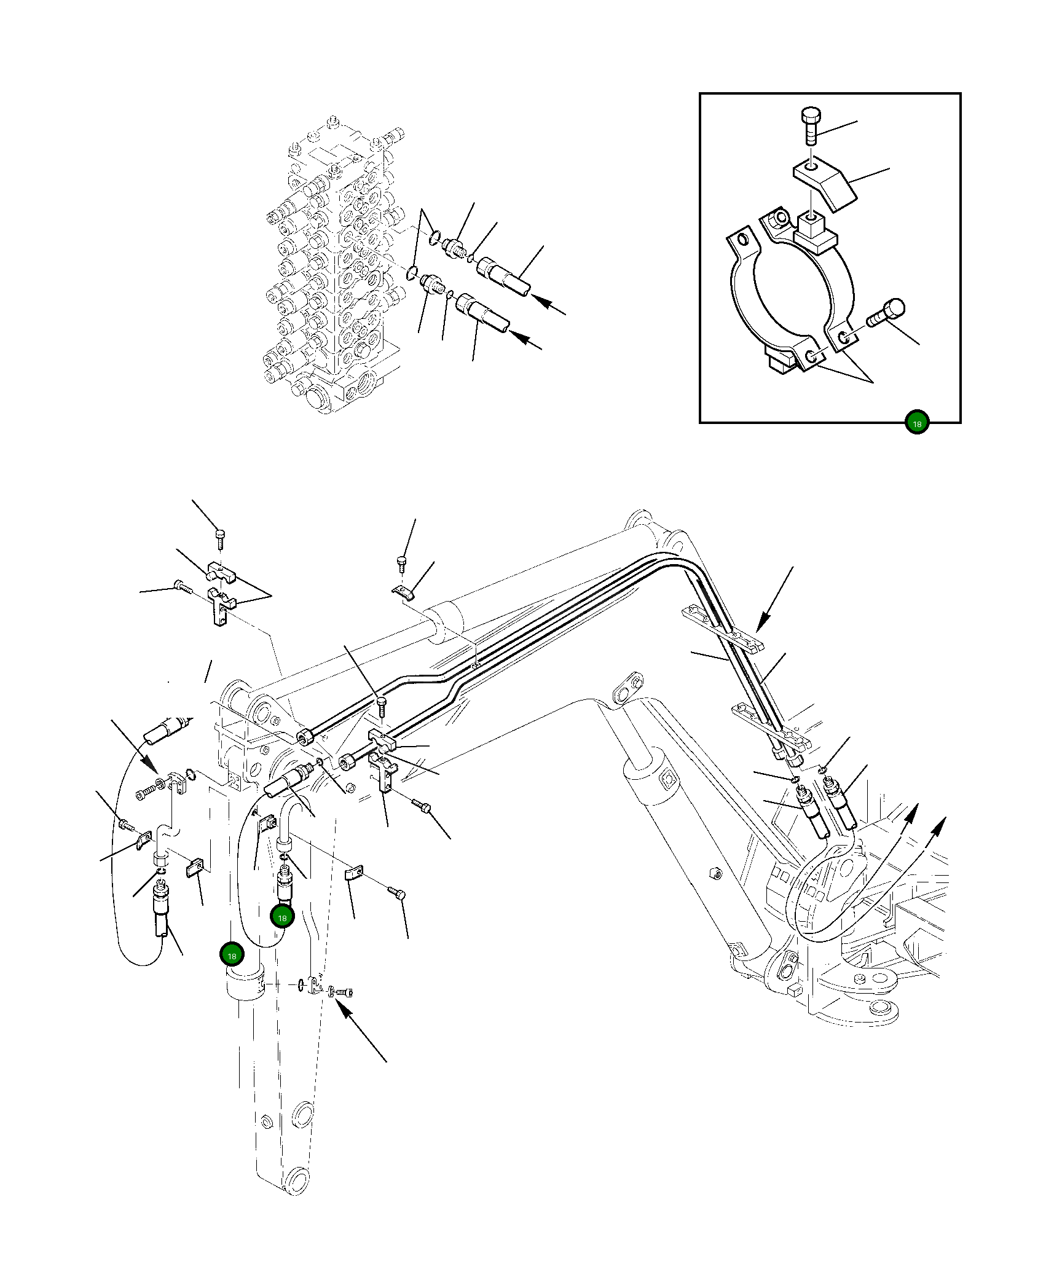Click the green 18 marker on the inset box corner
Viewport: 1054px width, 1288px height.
pyautogui.click(x=916, y=423)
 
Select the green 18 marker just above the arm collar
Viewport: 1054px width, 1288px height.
pyautogui.click(x=232, y=956)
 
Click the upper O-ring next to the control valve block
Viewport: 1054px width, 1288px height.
pyautogui.click(x=435, y=236)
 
